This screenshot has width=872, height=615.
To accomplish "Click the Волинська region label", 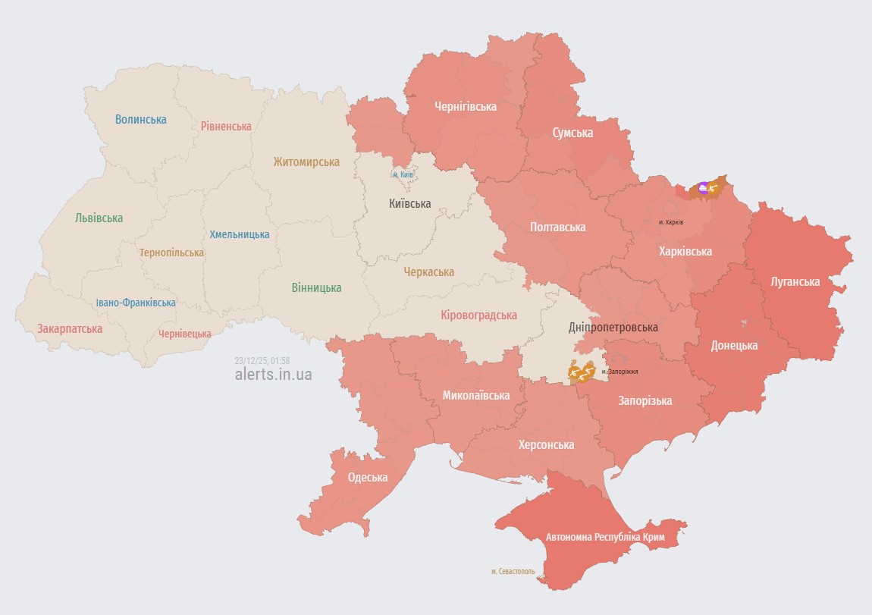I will (141, 119).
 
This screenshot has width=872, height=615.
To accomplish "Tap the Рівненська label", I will (226, 126).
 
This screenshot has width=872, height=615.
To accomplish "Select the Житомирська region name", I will (306, 162).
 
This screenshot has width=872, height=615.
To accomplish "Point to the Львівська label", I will (99, 218).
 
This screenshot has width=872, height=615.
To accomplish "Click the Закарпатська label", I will (70, 329).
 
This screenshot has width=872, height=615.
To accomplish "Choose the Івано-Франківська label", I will (136, 303).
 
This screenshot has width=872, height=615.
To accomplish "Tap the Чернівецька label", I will (185, 334).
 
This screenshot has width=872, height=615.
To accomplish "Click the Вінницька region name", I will (316, 287).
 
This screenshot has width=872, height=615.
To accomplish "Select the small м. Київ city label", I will (403, 175).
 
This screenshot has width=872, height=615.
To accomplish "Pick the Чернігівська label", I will (466, 107).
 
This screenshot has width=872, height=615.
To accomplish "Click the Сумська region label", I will (572, 133).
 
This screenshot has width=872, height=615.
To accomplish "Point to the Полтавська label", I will (557, 227).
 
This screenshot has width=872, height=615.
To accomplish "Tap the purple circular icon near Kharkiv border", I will (703, 187).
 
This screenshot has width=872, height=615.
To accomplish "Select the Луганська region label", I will (795, 281).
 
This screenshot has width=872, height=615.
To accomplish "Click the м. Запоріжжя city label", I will (619, 372).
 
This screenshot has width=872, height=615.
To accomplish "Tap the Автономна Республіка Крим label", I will (605, 537).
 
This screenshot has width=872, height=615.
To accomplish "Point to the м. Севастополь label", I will (513, 571).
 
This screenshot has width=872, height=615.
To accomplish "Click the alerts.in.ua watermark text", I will (273, 374).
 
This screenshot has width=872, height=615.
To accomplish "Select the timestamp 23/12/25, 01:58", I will (262, 360).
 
